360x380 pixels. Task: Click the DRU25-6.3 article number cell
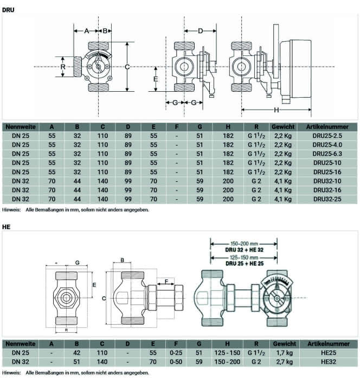point(327,154)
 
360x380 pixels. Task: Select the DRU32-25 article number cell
point(327,199)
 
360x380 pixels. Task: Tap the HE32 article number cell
point(329,362)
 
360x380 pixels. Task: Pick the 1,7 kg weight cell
point(284,353)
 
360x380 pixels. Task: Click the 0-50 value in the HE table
point(176,362)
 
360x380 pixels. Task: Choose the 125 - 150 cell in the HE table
point(227,353)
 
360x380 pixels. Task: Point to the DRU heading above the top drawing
point(8,10)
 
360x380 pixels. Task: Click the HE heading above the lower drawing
point(7,227)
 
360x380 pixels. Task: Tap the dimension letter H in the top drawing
point(276,110)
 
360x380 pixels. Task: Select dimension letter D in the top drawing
point(200,31)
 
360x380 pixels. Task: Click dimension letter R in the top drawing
point(63,67)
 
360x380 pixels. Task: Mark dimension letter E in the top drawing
point(156,79)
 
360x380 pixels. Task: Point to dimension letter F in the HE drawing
point(166,282)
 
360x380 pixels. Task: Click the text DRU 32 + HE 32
point(245,250)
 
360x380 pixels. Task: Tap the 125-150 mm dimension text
point(244,258)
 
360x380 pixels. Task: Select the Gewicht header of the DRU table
point(283,126)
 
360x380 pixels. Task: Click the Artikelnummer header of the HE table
point(329,344)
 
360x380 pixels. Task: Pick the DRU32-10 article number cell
point(327,181)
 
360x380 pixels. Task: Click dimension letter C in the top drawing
point(127,67)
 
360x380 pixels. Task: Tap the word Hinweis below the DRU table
point(11,210)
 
